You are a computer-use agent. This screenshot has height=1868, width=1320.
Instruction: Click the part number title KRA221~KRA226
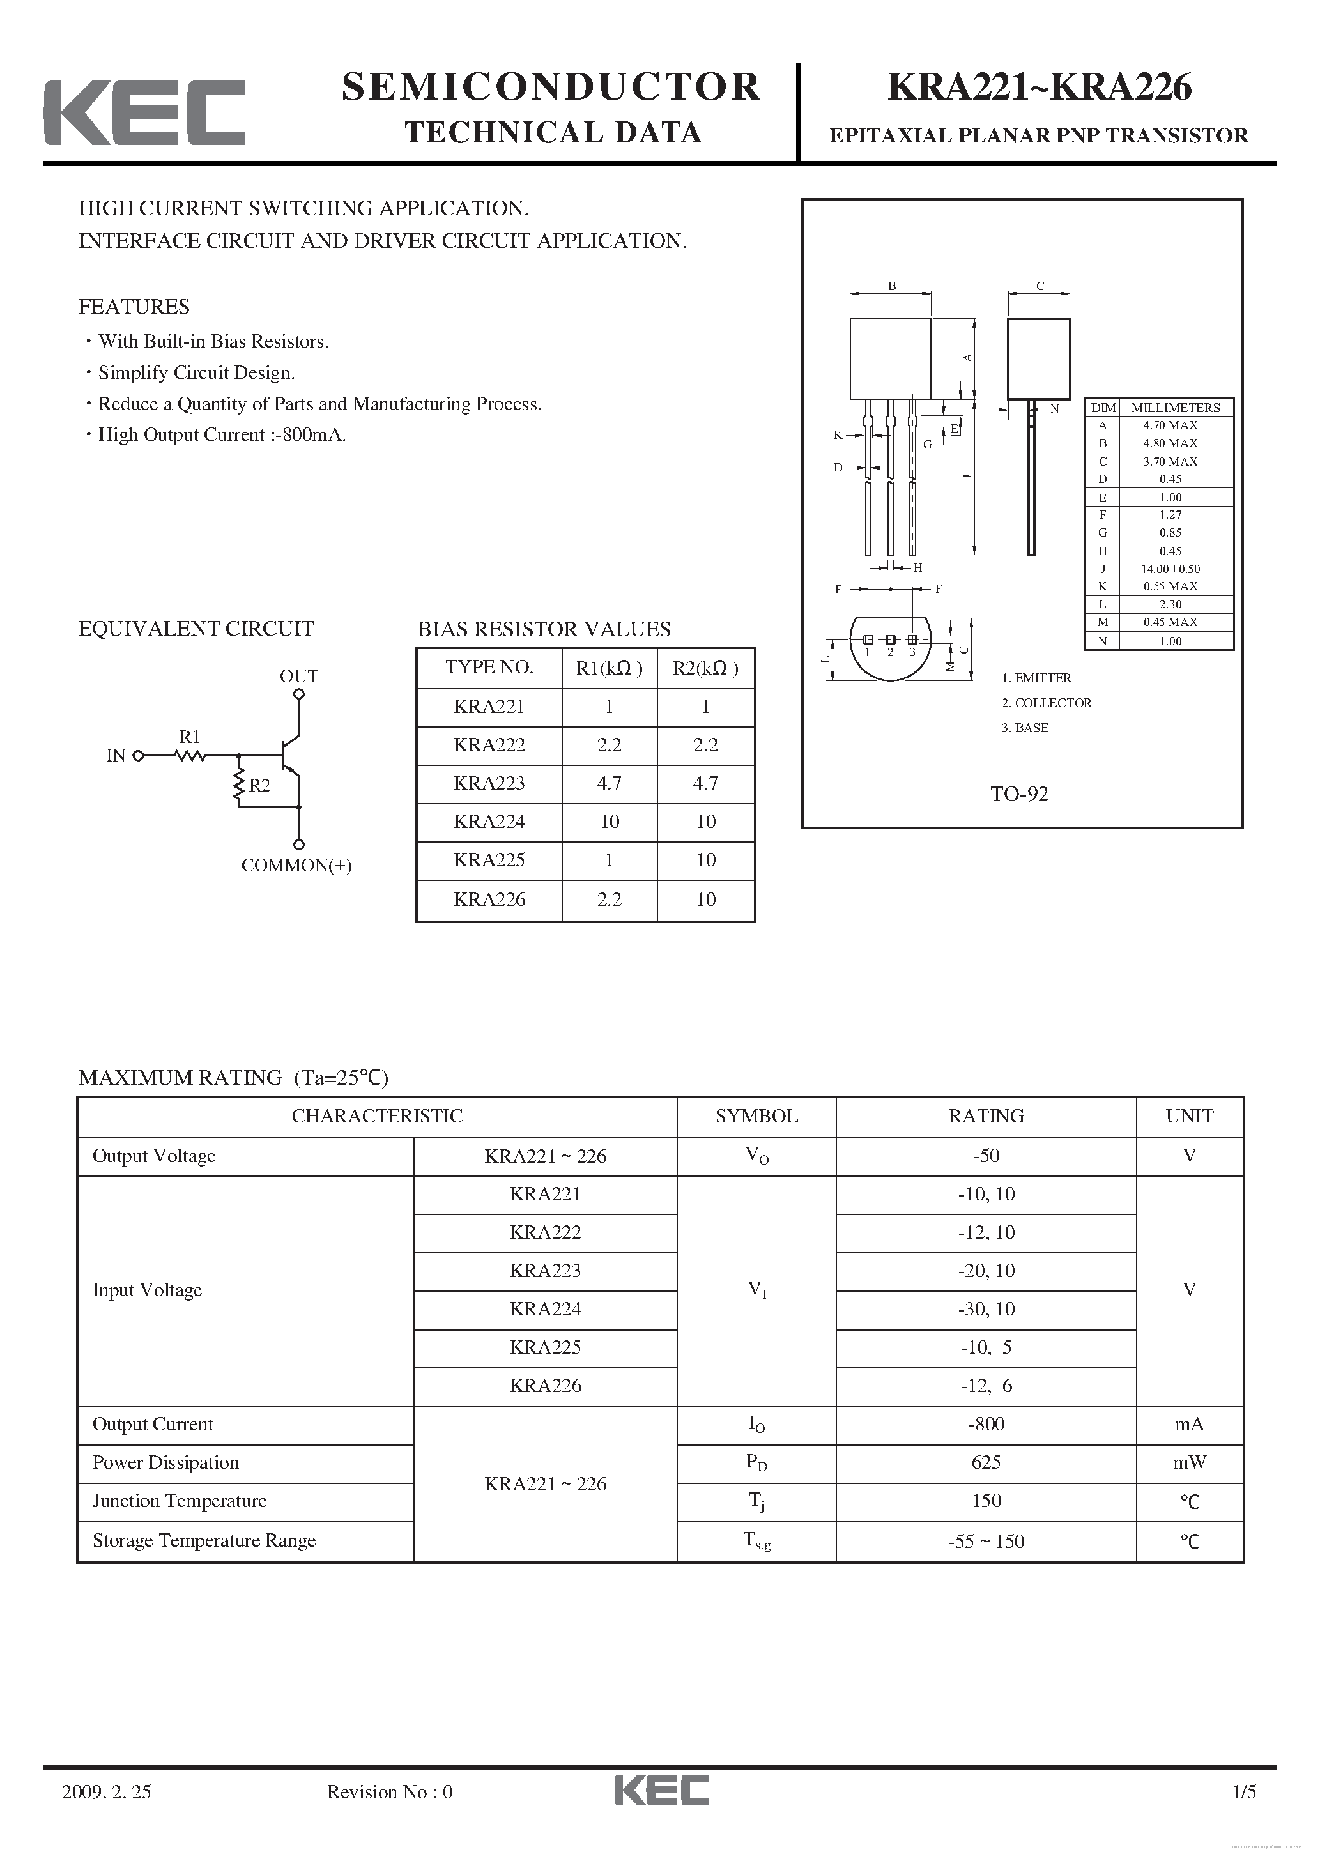[x=1040, y=87]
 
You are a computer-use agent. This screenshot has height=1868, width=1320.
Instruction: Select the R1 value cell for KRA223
[x=609, y=783]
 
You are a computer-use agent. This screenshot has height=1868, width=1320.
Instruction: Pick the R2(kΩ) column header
[x=705, y=668]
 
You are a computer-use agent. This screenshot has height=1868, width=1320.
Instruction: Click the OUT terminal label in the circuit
[x=298, y=676]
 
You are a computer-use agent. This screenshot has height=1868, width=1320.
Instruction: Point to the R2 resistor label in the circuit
[x=259, y=785]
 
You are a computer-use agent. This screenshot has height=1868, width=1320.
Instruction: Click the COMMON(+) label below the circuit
[x=296, y=865]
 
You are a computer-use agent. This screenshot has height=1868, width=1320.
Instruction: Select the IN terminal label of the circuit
[x=116, y=755]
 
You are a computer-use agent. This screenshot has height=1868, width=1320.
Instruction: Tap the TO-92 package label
[x=1019, y=794]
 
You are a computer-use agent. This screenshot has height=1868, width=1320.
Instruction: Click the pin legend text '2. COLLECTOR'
[x=1046, y=703]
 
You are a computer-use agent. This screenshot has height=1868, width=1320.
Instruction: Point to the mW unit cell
[x=1189, y=1462]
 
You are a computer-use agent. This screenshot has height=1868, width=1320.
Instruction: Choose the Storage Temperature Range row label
[x=203, y=1540]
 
